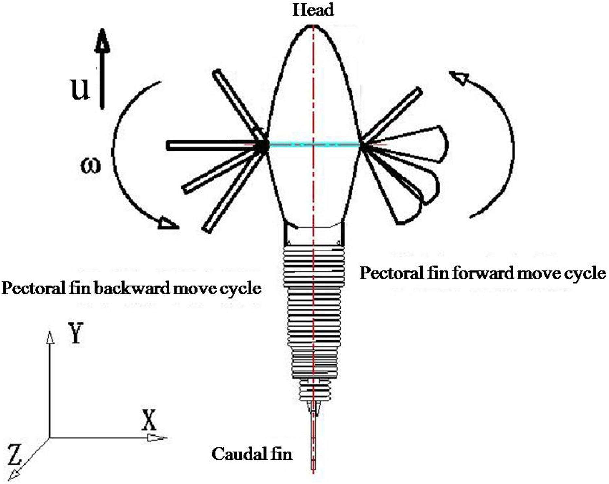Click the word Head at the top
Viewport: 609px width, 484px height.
point(313,10)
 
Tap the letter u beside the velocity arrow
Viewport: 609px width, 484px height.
point(80,88)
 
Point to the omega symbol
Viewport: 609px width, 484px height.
point(91,165)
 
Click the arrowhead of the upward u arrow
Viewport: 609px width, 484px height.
point(102,40)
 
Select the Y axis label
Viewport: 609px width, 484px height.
point(76,332)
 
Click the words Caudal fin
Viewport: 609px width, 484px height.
point(252,454)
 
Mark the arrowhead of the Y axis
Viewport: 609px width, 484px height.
point(50,337)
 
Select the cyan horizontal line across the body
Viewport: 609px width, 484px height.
point(314,144)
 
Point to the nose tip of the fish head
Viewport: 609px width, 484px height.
point(313,25)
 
